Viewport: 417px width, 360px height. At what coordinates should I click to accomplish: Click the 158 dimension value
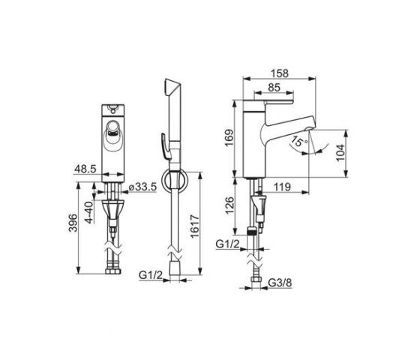[x=279, y=73]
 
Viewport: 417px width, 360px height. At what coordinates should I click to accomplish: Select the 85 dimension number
[x=274, y=88]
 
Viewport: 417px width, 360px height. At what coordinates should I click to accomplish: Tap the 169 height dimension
[x=229, y=138]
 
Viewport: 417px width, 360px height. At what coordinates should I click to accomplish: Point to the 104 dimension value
[x=340, y=153]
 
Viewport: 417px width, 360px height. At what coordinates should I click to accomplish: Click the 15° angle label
[x=299, y=142]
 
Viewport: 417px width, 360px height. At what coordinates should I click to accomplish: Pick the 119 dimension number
[x=282, y=187]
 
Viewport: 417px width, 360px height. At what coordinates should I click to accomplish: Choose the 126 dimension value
[x=229, y=205]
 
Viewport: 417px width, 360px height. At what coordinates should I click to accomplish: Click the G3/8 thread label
[x=280, y=283]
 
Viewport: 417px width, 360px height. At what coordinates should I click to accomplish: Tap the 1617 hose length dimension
[x=195, y=226]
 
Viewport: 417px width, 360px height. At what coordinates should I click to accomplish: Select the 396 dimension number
[x=73, y=223]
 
